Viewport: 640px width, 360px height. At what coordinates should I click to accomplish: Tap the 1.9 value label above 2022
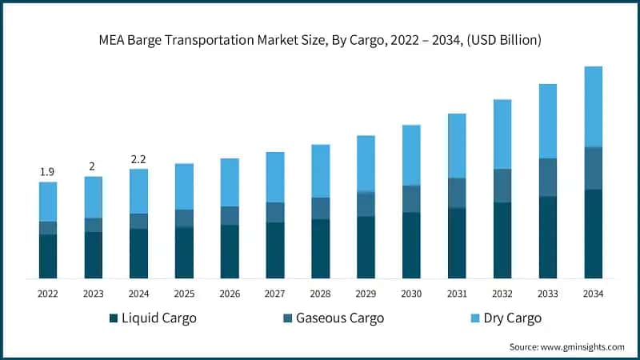(x=48, y=172)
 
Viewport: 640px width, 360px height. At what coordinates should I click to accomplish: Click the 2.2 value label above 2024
(x=138, y=158)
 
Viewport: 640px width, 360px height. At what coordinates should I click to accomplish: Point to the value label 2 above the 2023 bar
(x=93, y=166)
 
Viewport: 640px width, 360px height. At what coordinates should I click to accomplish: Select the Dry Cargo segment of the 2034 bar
(x=593, y=106)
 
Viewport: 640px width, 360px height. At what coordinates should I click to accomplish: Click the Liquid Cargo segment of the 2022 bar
(x=48, y=256)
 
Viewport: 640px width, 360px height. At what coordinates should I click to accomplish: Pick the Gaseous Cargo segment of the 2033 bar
(x=548, y=177)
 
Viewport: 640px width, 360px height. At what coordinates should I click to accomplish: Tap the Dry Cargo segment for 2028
(x=320, y=170)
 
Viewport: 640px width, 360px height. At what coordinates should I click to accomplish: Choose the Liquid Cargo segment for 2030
(x=411, y=245)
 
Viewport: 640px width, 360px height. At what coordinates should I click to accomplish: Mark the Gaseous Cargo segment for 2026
(x=230, y=215)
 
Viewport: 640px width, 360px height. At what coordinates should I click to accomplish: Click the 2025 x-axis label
(x=184, y=294)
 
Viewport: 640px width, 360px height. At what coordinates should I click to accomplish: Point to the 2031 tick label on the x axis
(x=457, y=294)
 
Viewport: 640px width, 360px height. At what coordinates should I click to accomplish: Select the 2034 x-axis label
(x=593, y=294)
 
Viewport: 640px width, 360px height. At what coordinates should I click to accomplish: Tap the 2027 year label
(x=275, y=294)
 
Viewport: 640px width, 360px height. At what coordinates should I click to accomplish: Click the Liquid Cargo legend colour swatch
(x=114, y=318)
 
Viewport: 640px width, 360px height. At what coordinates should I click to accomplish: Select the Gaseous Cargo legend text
(x=340, y=318)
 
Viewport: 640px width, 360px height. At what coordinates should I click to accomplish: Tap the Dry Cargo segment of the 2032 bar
(x=502, y=134)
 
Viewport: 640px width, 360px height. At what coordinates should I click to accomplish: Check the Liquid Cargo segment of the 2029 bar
(x=366, y=247)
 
